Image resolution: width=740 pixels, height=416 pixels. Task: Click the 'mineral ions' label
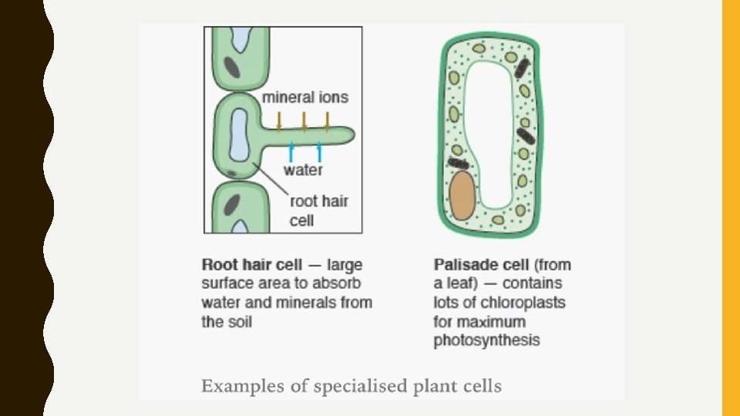pos(305,98)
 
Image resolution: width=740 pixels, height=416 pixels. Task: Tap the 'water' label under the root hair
pos(303,169)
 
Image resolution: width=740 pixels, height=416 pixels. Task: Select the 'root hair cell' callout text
pos(318,210)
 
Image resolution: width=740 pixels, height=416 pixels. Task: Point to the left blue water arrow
pos(291,150)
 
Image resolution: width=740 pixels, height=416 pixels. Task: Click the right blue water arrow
pos(319,150)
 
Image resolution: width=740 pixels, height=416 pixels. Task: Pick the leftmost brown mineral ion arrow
pos(280,120)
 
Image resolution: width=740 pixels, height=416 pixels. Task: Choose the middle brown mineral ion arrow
pos(304,120)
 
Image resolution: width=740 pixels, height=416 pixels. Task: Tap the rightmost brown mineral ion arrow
pos(328,120)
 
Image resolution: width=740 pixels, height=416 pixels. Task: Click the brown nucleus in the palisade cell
pos(462,196)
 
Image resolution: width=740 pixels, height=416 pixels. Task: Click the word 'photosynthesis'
pos(486,340)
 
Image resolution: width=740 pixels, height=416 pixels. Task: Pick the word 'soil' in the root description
pos(239,321)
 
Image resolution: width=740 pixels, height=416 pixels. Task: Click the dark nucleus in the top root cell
pos(232,67)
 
